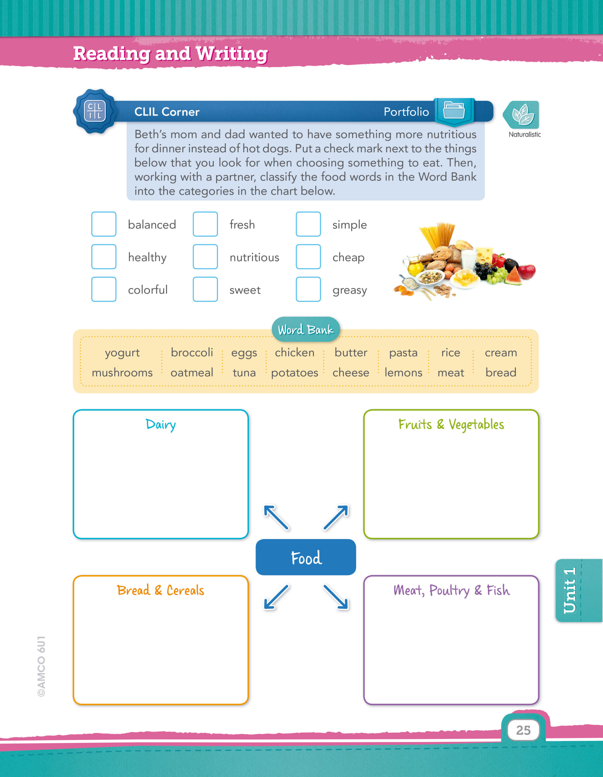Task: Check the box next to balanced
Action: click(104, 224)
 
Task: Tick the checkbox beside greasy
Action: click(308, 289)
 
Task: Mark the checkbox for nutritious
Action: click(205, 256)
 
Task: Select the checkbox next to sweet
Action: click(205, 289)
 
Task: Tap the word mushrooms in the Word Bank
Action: click(122, 372)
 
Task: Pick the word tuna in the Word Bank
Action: click(244, 372)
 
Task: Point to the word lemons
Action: click(403, 372)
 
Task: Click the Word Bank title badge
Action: click(305, 329)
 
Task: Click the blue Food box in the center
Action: click(306, 557)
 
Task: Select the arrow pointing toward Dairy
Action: click(276, 517)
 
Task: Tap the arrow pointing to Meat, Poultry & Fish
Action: click(336, 597)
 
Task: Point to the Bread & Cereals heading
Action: click(161, 591)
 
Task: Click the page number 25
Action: click(523, 730)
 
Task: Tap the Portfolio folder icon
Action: click(454, 111)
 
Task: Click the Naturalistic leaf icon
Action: click(522, 114)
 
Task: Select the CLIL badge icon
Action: click(95, 111)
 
